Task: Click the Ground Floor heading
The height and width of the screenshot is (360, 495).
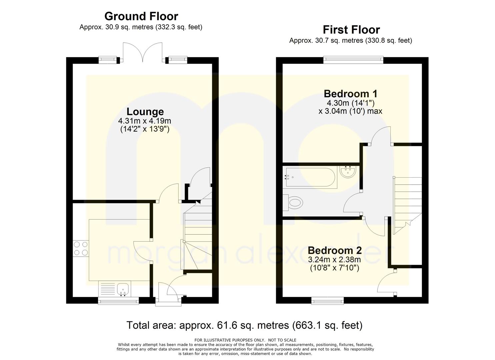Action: coord(141,16)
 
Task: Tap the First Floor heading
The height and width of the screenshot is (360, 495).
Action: coord(351,30)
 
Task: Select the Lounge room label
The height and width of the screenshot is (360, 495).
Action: coord(145,112)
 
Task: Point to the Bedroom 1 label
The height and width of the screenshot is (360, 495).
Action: coord(350,94)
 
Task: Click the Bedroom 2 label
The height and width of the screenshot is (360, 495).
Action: coord(335,250)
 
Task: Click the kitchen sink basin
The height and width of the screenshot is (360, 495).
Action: coord(123,289)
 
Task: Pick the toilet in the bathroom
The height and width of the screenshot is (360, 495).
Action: coord(292,202)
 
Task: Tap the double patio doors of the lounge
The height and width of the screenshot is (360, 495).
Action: coord(143,52)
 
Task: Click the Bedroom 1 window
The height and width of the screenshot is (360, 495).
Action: coord(353,60)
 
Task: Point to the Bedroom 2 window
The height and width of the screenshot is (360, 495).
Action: coord(327,301)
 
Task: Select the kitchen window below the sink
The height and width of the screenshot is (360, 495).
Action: coord(118,301)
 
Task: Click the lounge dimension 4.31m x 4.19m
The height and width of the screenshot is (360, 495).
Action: coord(145,121)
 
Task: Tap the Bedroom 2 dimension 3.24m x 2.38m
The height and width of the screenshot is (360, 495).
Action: coord(335,259)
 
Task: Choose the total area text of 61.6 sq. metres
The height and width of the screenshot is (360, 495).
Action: coord(244,325)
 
